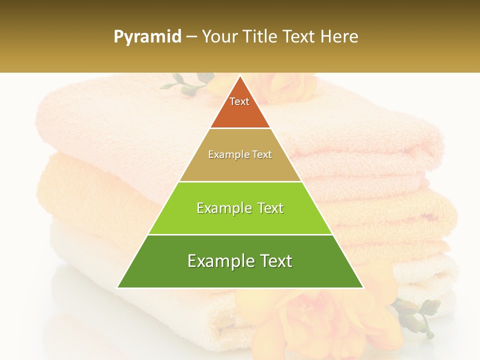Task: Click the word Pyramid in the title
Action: (147, 37)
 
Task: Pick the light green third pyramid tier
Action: (240, 220)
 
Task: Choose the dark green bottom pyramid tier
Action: (240, 272)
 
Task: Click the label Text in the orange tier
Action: (239, 101)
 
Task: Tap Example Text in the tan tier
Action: (240, 154)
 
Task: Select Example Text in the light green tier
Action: (240, 208)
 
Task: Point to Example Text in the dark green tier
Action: (240, 261)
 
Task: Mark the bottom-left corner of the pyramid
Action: (118, 287)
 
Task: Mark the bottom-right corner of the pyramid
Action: (362, 287)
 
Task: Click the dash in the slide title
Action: (191, 37)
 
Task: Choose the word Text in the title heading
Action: (300, 36)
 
